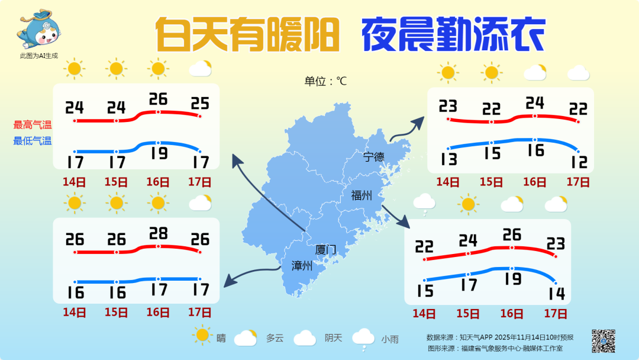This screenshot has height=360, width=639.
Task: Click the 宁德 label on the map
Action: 373,157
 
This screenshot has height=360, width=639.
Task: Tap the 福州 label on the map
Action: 361,195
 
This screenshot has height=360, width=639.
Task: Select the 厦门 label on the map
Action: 325,250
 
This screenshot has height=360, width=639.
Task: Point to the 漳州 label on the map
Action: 302,266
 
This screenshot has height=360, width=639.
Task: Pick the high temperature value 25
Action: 200,104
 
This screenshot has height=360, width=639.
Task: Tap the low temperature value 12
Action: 578,161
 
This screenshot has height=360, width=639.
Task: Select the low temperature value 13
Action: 448,159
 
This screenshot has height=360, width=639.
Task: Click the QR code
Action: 603,340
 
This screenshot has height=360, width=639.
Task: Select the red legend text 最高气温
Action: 33,125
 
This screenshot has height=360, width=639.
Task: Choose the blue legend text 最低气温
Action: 33,141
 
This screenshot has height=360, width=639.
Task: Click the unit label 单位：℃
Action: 325,82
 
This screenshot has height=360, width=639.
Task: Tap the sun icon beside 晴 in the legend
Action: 202,336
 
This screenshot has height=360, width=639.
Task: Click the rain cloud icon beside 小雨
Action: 363,337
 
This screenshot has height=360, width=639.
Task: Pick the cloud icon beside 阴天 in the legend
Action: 305,338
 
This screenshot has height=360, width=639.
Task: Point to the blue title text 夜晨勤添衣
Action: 453,35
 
